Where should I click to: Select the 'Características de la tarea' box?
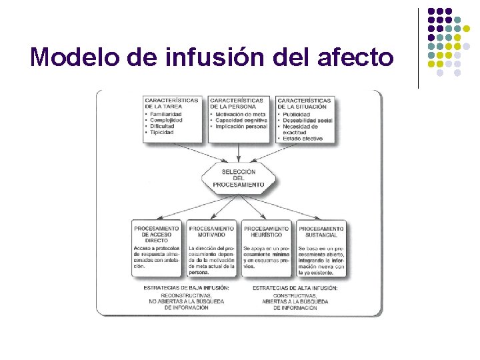click(171, 118)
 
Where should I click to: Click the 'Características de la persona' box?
click(239, 118)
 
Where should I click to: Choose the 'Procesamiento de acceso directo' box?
click(157, 246)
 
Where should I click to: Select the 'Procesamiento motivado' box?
click(211, 246)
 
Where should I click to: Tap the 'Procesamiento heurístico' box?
click(266, 246)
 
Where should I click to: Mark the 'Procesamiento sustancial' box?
click(321, 246)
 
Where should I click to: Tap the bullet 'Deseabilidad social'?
click(307, 120)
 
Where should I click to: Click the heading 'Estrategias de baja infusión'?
click(186, 288)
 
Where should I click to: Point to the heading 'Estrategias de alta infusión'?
click(295, 288)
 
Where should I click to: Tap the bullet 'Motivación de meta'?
click(240, 114)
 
